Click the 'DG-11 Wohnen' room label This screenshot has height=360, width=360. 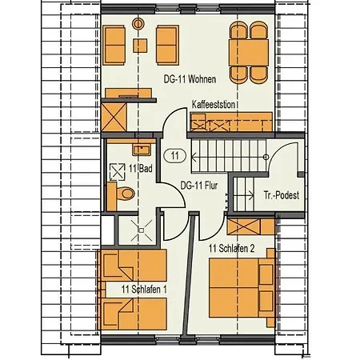tap(190, 79)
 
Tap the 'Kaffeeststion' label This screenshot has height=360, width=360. tap(214, 104)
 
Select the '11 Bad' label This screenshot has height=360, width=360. tap(141, 169)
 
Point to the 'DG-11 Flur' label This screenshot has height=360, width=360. tap(199, 186)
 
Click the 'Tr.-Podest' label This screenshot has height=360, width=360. tap(282, 195)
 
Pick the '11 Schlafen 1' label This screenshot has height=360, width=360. tap(144, 290)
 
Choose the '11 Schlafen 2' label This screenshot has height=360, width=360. tap(231, 249)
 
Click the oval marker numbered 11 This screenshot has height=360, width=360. tap(175, 155)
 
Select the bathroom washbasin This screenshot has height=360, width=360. tap(142, 150)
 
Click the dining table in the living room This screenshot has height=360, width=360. tap(249, 53)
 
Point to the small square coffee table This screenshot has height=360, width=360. tap(140, 46)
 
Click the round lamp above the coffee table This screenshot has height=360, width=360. tap(138, 24)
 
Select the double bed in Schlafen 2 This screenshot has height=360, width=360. tap(242, 287)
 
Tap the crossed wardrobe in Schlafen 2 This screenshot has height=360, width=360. tap(245, 226)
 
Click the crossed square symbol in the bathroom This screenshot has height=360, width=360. tap(118, 172)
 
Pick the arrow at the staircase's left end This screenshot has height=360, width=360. tap(194, 157)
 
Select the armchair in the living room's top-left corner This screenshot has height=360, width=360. tap(114, 45)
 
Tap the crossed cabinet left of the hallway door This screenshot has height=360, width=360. tap(114, 118)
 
